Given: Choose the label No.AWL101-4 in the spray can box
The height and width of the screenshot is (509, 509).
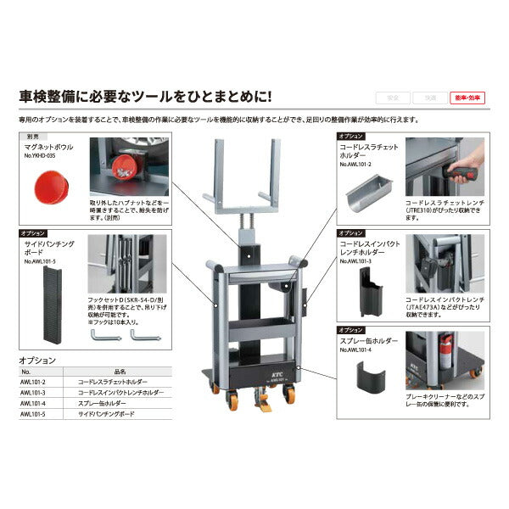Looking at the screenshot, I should (357, 350).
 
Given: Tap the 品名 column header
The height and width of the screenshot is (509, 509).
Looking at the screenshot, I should (119, 371).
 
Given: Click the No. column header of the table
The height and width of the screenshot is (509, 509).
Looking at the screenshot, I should (25, 371).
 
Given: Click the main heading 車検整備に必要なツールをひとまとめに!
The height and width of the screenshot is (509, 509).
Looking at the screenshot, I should (145, 97).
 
